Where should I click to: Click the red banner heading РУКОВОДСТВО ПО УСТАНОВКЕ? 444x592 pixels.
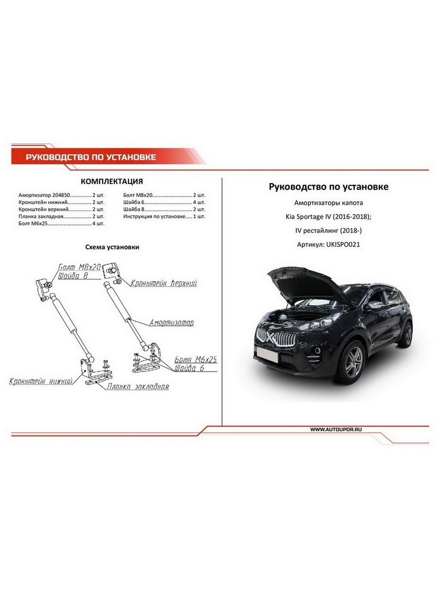91,157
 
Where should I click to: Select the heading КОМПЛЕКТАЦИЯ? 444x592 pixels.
111,181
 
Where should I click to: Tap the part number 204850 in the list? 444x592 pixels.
66,195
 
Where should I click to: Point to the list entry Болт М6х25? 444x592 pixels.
33,223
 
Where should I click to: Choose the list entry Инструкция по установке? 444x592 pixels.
155,216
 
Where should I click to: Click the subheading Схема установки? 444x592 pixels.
112,247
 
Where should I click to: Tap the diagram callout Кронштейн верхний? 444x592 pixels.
164,284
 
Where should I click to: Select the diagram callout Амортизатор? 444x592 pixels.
171,323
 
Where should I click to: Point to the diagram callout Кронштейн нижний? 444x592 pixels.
41,381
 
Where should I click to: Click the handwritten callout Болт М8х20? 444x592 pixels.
79,267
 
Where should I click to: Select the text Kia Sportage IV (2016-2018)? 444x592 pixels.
329,217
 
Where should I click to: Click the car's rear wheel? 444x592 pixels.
407,334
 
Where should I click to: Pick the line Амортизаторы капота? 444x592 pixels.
329,203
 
